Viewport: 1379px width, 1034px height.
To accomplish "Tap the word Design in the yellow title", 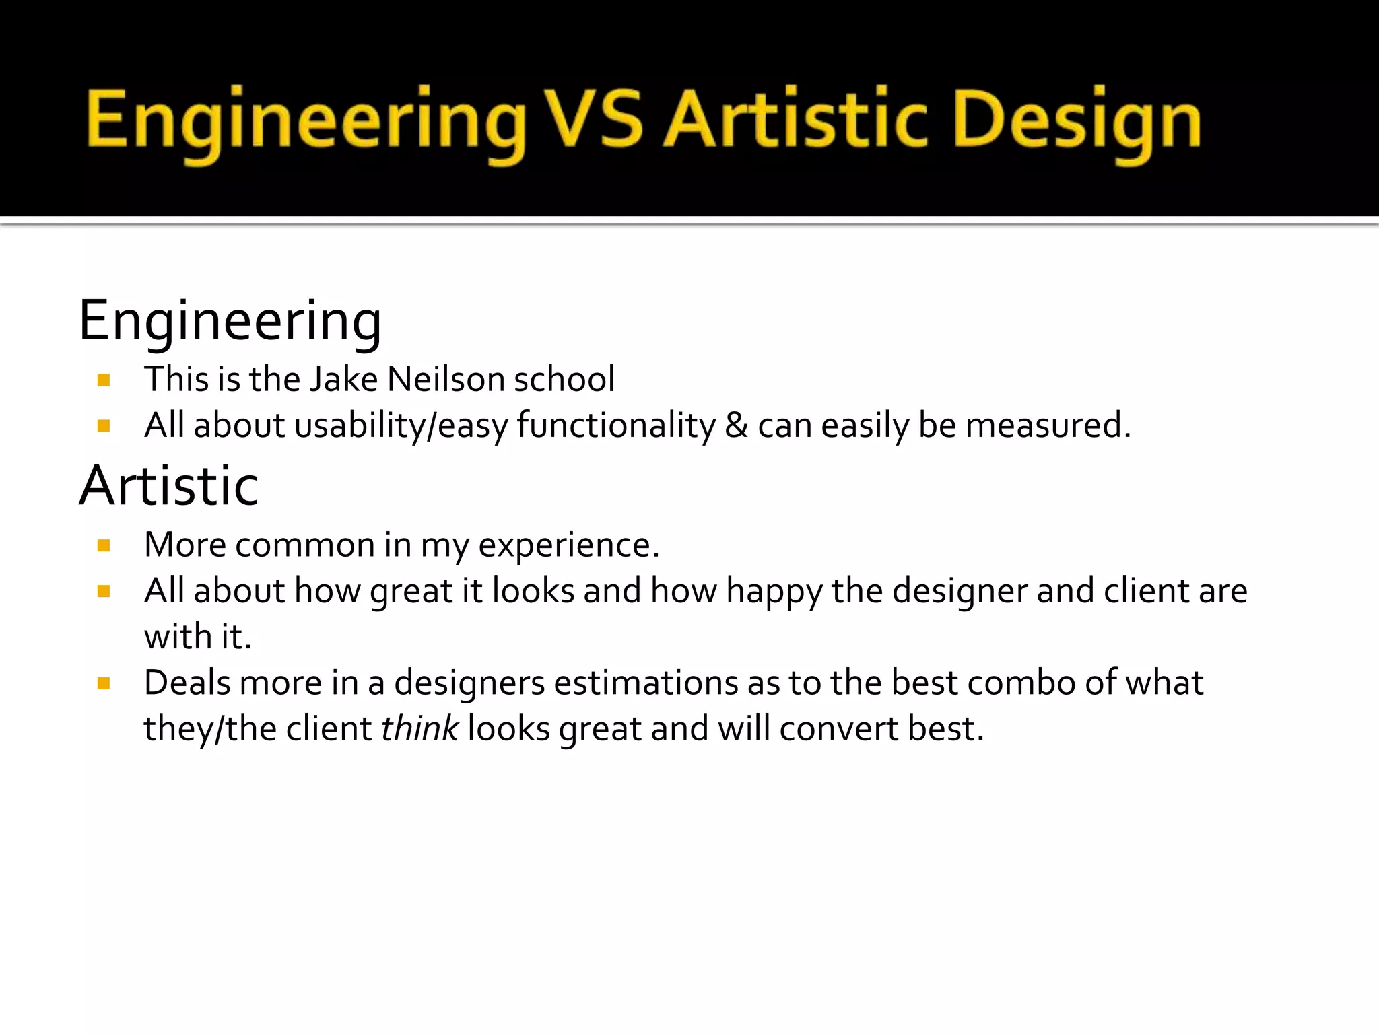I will point(1077,121).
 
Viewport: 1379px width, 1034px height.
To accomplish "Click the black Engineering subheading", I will point(230,322).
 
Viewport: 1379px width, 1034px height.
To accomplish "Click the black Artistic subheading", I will point(168,486).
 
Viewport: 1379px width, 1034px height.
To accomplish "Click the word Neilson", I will point(446,379).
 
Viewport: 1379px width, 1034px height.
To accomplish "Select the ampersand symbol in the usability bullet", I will point(737,425).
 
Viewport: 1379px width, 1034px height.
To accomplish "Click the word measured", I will point(1047,425).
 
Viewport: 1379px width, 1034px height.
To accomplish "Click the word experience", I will point(568,545).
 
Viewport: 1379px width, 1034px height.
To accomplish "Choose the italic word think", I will point(419,729).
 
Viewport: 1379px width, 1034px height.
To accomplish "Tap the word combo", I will point(1021,683).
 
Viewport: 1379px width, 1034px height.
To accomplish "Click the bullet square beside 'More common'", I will point(104,545).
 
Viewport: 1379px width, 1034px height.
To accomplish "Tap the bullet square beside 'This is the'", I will point(104,380).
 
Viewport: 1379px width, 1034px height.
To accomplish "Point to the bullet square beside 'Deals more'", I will point(104,684).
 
